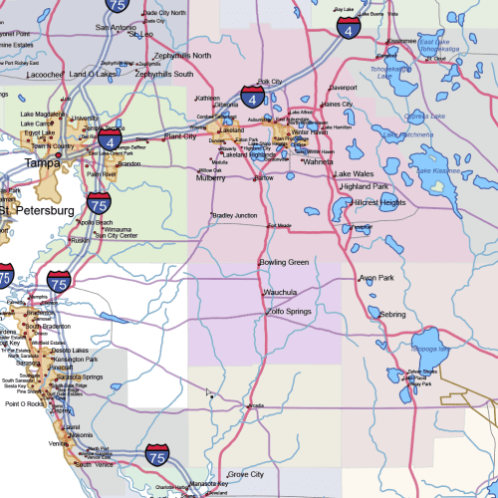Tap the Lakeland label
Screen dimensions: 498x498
232,130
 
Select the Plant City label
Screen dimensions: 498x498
180,135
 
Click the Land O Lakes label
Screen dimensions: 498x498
93,74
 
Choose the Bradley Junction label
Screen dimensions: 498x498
235,215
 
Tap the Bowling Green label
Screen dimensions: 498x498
284,262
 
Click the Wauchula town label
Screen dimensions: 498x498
281,292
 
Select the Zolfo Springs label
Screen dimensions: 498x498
289,312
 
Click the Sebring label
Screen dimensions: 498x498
392,314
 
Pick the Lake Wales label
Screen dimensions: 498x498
353,172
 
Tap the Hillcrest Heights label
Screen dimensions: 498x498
379,202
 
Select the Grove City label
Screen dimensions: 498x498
245,475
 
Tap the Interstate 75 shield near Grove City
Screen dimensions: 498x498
156,456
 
